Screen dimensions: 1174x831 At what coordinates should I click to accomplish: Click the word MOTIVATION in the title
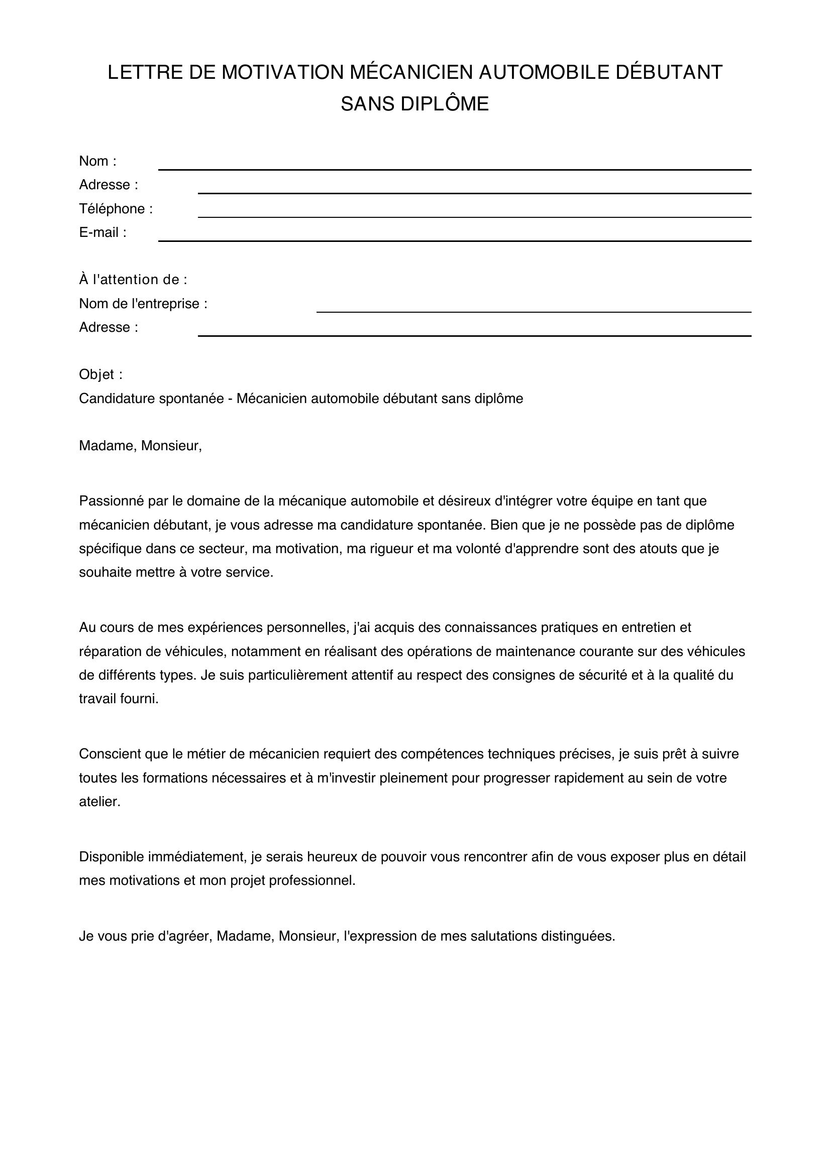[283, 73]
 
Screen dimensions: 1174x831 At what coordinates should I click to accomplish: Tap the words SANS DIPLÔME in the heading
[414, 104]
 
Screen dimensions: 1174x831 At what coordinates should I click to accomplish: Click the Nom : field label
[98, 162]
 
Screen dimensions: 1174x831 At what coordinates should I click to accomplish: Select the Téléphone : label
[116, 209]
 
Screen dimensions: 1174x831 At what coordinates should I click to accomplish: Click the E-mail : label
[102, 233]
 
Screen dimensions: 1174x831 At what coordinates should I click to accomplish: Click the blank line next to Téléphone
[474, 216]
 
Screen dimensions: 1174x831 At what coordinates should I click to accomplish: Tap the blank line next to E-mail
[454, 240]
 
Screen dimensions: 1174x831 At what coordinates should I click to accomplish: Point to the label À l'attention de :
[133, 280]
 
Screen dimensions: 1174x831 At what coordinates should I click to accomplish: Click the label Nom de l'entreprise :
[143, 304]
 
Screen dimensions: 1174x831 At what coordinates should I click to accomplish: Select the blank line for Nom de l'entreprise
[533, 311]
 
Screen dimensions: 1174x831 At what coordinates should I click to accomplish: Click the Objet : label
[101, 375]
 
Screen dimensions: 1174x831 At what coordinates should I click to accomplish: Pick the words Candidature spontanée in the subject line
[151, 399]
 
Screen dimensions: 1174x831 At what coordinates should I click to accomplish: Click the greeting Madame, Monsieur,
[140, 446]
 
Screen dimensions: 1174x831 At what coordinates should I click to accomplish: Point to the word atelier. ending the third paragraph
[99, 802]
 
